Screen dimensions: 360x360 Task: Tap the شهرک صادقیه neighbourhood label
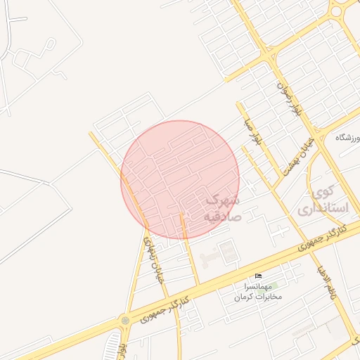[x=222, y=209]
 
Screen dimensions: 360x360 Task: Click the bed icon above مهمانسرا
[x=258, y=276]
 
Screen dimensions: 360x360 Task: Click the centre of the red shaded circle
[x=180, y=179]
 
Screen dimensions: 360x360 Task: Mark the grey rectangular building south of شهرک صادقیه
[x=226, y=252]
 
